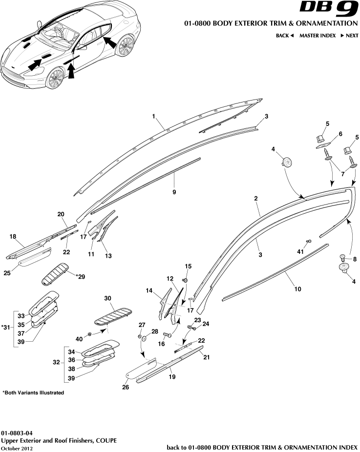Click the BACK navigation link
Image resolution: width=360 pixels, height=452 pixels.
pos(284,36)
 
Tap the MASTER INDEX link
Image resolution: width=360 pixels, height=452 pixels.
pos(317,36)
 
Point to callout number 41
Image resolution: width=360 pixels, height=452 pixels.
pos(300,251)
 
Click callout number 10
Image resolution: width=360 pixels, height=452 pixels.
pos(297,289)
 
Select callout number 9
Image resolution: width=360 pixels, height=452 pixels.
pos(174,192)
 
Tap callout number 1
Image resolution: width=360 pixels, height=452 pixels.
pos(153,117)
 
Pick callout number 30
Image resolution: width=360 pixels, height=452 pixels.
pos(108,298)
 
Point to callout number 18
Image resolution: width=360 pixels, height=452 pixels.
pos(13,236)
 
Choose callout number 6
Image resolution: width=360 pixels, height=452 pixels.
pos(340,134)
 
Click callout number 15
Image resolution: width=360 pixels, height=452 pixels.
pos(188,266)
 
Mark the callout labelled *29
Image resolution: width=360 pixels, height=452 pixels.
pos(80,277)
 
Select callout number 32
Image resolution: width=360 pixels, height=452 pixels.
pos(57,363)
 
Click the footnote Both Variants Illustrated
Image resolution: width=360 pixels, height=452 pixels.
pos(33,392)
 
